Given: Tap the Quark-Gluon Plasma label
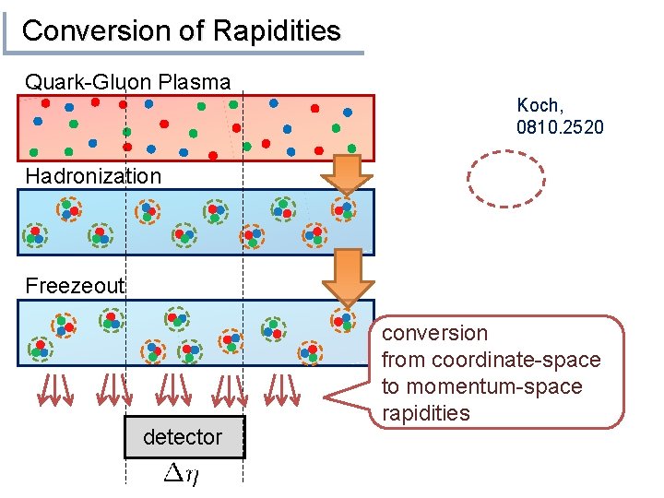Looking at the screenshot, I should [127, 82].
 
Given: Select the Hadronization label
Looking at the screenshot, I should [93, 175].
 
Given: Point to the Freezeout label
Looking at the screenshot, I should [74, 286].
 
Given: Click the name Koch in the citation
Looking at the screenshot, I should [538, 106].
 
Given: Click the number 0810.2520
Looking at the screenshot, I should [561, 126].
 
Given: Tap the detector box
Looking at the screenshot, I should [184, 436].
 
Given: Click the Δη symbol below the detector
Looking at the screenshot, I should [178, 475].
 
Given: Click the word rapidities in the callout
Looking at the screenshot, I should [425, 412].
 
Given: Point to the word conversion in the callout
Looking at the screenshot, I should [434, 333].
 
